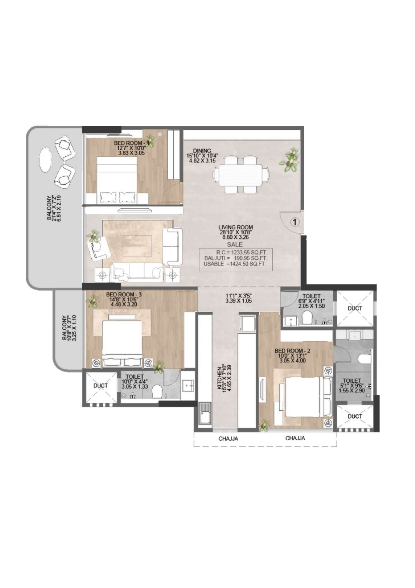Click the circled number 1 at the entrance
point(295,222)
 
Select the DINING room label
point(202,151)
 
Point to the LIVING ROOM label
point(236,227)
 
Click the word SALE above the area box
point(235,245)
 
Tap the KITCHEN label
point(220,377)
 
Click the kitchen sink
point(204,414)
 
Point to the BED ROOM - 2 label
point(293,351)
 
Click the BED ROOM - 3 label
point(123,295)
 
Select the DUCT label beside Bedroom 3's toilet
point(100,386)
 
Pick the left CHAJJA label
point(228,439)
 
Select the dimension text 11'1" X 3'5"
point(238,296)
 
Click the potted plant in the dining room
point(289,160)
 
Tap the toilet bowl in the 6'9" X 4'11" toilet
point(307,317)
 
